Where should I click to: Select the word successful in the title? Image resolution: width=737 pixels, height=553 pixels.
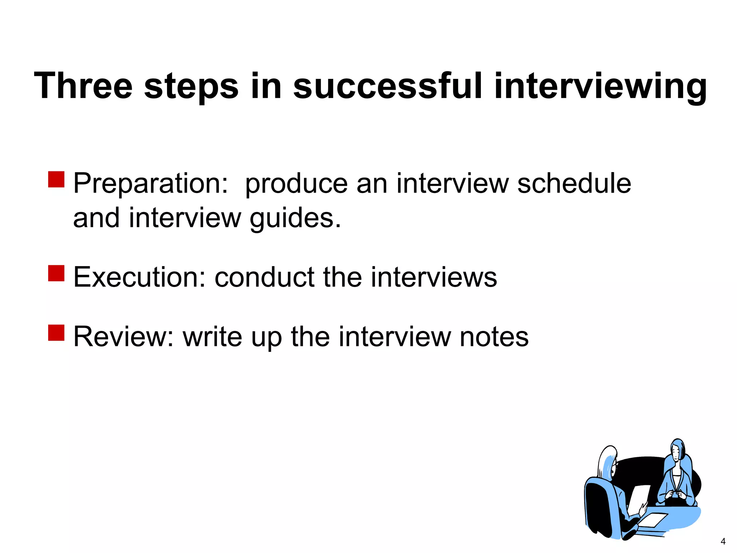(x=387, y=86)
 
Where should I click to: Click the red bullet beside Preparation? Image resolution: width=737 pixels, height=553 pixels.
(x=56, y=179)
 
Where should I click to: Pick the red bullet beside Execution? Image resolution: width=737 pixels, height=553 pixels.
(x=56, y=273)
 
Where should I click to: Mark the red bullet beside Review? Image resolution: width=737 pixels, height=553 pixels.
(x=56, y=333)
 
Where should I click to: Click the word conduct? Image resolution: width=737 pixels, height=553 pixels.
(x=264, y=277)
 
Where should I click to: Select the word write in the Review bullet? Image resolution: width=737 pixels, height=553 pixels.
(x=212, y=337)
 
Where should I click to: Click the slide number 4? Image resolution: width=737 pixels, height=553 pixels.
(x=723, y=541)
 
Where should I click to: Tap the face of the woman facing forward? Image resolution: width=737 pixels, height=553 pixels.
(x=677, y=452)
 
